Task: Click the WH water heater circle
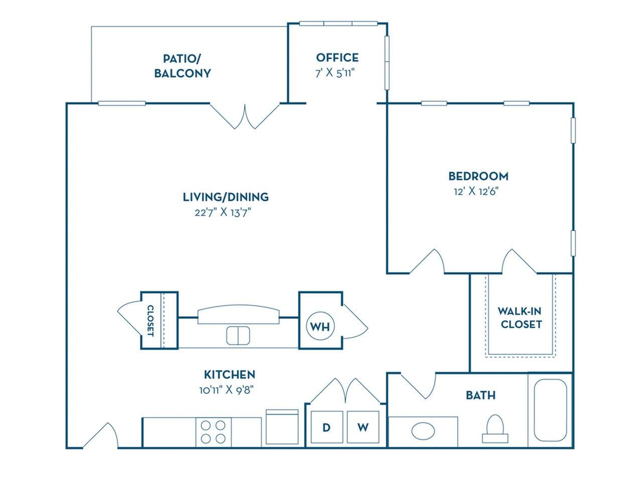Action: click(x=320, y=326)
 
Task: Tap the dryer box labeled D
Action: click(x=327, y=427)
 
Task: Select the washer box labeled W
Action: click(x=363, y=427)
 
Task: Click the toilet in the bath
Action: click(x=495, y=428)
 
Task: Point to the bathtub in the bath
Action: click(x=550, y=410)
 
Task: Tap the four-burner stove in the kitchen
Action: click(x=213, y=431)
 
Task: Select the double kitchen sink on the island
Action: click(x=238, y=335)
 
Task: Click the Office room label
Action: click(x=337, y=57)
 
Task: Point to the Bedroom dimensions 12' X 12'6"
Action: click(x=477, y=191)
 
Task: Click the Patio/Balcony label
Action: click(x=182, y=66)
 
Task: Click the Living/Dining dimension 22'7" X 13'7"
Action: click(x=223, y=212)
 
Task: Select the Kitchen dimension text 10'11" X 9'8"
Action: click(x=229, y=389)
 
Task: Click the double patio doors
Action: click(x=245, y=116)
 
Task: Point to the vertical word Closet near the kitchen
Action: click(x=150, y=320)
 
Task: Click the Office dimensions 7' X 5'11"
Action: click(x=337, y=73)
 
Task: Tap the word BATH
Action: click(x=480, y=395)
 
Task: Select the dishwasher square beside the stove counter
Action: click(x=282, y=427)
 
